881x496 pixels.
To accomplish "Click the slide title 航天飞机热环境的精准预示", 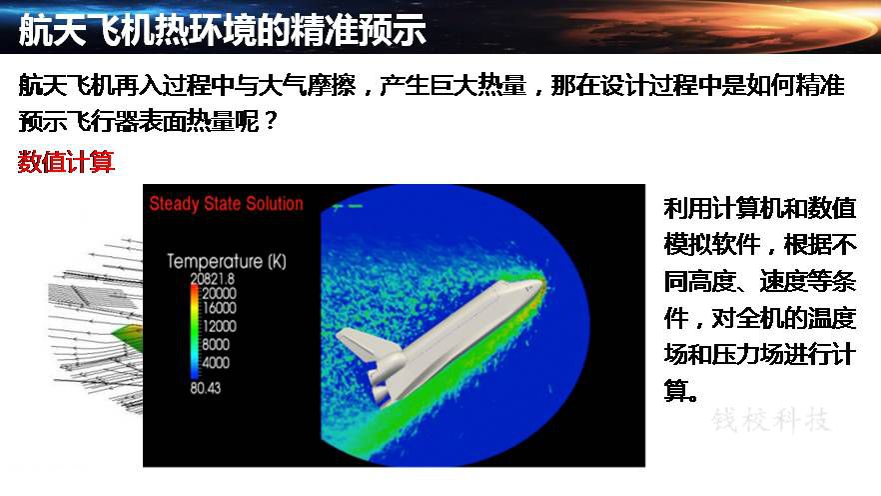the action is [x=222, y=30].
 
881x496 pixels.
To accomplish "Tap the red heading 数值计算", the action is [x=66, y=162].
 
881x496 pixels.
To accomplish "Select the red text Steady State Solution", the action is [x=226, y=204].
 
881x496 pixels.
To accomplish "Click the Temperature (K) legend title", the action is [x=227, y=261].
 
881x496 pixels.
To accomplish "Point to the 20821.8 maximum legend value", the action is [x=213, y=279].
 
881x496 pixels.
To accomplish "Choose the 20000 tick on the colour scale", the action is [x=219, y=293].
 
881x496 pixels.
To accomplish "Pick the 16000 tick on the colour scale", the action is [x=219, y=308].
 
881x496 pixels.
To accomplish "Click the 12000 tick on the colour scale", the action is [x=219, y=326].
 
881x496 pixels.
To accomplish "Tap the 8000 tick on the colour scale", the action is [x=215, y=344].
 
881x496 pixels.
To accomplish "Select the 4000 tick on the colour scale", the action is [x=215, y=362].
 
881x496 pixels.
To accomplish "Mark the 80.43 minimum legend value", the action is [x=205, y=388].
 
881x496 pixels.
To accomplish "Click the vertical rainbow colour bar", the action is [x=195, y=331].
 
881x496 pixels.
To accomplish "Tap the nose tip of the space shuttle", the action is [x=543, y=282].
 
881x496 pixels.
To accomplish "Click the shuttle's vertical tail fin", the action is [x=359, y=344].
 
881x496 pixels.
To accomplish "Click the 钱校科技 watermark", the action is [x=771, y=420].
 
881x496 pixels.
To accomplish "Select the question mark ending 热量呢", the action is [x=271, y=120].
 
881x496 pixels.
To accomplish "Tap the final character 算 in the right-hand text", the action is [x=676, y=390].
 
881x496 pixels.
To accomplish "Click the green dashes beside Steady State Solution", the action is [x=348, y=206].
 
